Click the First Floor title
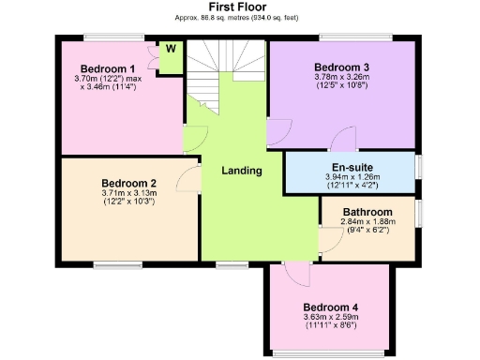(240, 7)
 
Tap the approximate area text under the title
(240, 18)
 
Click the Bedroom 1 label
(108, 68)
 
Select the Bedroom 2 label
(128, 182)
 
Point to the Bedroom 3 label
(341, 67)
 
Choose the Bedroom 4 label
(330, 307)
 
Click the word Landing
(241, 171)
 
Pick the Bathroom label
(367, 212)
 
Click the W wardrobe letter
(172, 49)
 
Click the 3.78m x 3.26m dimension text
(341, 79)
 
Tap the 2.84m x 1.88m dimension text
(367, 222)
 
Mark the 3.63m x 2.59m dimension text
(330, 318)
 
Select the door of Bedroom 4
(297, 273)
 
